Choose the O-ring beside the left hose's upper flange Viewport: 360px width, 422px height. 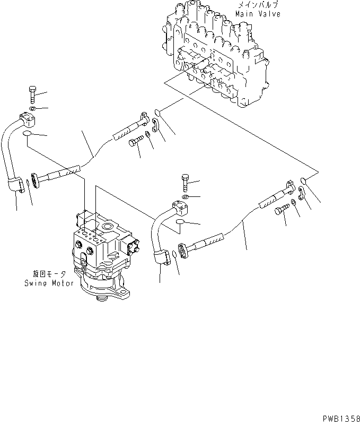pyautogui.click(x=158, y=113)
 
